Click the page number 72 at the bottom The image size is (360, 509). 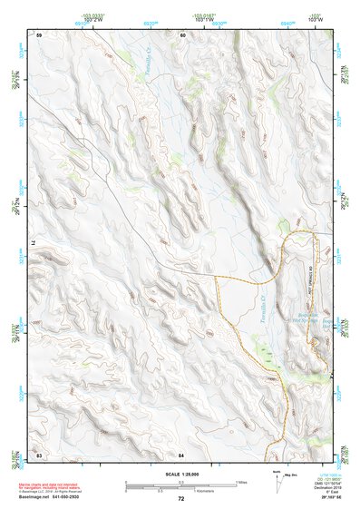pos(180,499)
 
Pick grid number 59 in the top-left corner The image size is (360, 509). pos(40,34)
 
